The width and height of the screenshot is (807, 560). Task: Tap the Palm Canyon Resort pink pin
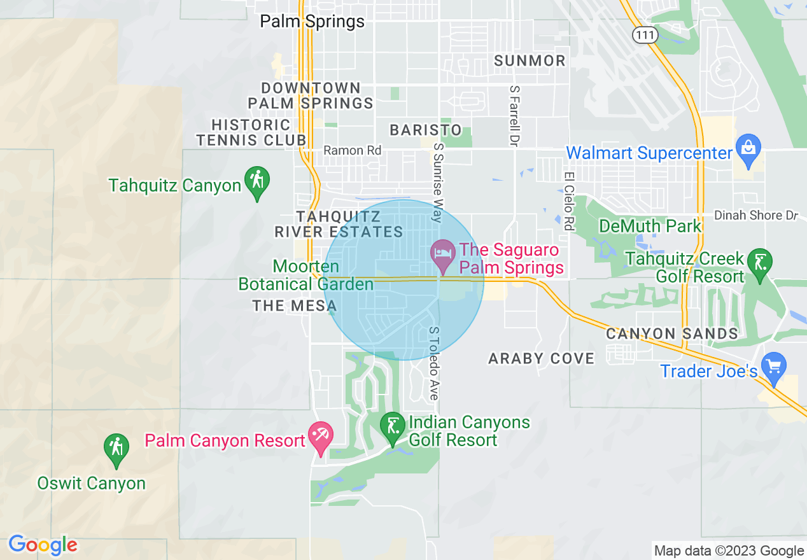[319, 437]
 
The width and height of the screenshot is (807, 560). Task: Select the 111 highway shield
[645, 35]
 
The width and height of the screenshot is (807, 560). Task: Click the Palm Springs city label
[312, 21]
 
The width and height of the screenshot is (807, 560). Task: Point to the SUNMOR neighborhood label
[530, 61]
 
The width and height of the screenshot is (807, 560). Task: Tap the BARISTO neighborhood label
[426, 130]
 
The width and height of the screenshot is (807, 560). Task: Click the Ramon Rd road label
[353, 151]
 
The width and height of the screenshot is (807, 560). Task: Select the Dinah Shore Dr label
[755, 216]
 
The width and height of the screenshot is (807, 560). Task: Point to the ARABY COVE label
[541, 359]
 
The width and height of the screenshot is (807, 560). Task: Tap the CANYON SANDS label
[671, 333]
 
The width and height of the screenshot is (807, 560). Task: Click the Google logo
[42, 545]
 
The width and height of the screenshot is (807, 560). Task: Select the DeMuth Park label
[650, 226]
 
